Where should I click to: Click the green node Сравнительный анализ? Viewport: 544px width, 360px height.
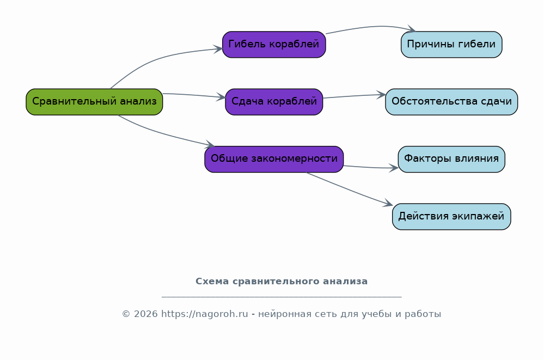(x=94, y=102)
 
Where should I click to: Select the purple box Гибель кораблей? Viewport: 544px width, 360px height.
(x=274, y=45)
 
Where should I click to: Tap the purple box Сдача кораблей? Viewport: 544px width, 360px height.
(x=274, y=102)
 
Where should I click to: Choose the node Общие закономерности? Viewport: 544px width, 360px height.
(x=274, y=159)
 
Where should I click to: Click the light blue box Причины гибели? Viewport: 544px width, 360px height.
(x=451, y=45)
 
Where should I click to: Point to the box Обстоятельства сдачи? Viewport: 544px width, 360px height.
(x=451, y=102)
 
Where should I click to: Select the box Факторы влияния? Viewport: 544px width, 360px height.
(x=451, y=159)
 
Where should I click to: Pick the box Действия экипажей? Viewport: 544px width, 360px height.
(x=451, y=217)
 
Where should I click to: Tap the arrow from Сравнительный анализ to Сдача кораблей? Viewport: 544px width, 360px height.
(x=194, y=95)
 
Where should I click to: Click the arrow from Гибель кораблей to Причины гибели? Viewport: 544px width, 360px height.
(x=371, y=27)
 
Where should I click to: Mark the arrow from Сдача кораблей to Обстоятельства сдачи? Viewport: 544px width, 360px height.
(x=354, y=96)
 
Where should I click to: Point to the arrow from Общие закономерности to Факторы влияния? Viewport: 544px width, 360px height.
(x=370, y=168)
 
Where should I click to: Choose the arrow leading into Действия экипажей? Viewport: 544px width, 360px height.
(x=349, y=190)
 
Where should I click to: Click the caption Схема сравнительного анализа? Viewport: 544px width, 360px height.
(x=282, y=281)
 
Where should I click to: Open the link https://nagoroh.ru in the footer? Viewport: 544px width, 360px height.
(x=205, y=314)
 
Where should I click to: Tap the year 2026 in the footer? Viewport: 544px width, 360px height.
(x=146, y=314)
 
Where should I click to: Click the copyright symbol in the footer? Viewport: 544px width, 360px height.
(x=126, y=314)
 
